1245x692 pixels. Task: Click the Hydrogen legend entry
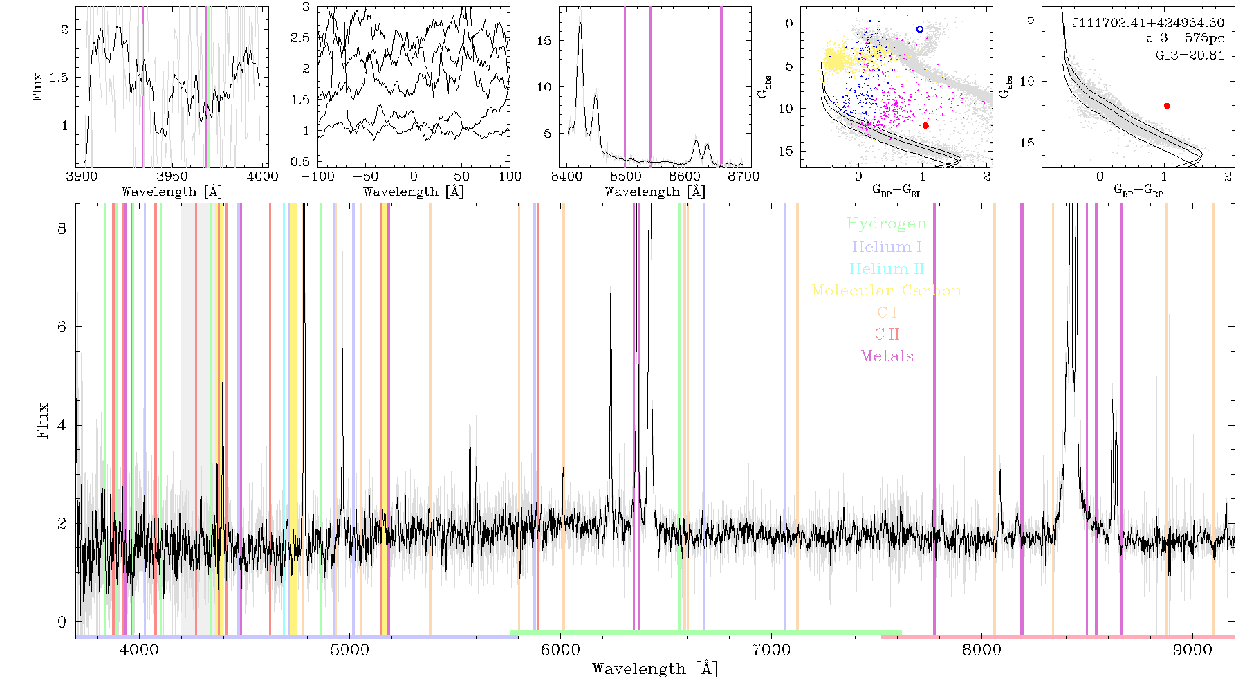886,224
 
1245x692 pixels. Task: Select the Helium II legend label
887,268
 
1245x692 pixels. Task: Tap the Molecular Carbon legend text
887,291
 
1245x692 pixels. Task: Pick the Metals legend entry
887,356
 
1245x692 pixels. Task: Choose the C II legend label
887,334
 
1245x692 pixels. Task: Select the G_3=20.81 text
1190,55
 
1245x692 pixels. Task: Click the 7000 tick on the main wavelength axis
771,650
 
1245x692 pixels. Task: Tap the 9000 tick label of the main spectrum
1192,650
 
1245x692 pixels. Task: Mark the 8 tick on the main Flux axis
62,228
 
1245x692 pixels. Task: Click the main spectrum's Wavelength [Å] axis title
655,669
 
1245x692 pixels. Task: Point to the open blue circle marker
920,29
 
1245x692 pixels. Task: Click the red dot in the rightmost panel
1168,106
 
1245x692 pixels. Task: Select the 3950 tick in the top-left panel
172,176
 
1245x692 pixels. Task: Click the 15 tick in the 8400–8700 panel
544,40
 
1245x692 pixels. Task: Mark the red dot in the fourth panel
925,125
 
